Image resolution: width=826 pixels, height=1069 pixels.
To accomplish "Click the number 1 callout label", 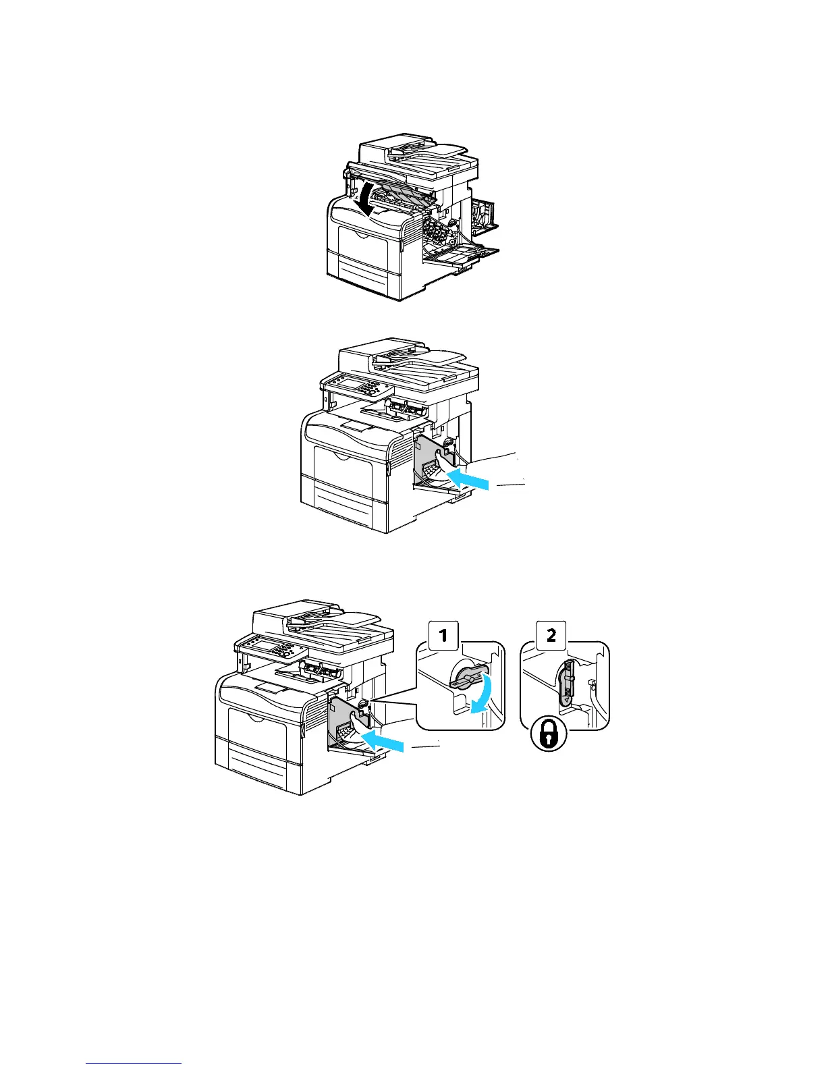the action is click(x=443, y=635).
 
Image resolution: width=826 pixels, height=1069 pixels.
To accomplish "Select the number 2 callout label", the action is click(x=551, y=635).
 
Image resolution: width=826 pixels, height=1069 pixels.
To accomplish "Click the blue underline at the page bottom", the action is click(x=134, y=1063).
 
